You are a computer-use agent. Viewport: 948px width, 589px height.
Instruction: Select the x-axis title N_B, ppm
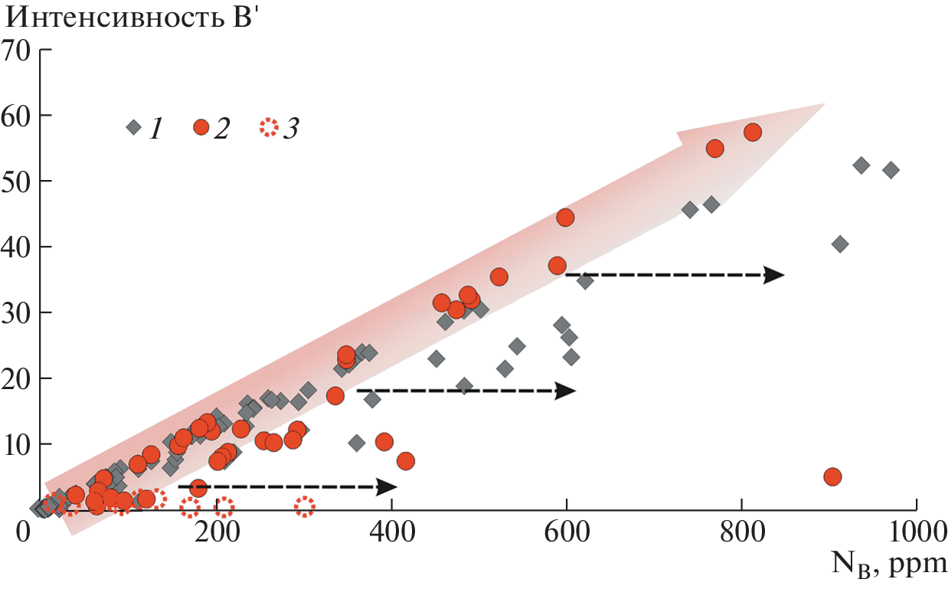(x=888, y=566)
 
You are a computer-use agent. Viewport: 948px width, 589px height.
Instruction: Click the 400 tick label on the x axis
(x=391, y=531)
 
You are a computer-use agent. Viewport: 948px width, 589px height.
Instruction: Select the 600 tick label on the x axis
(x=567, y=531)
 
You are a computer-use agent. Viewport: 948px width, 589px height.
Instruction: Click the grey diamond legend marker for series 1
(x=134, y=127)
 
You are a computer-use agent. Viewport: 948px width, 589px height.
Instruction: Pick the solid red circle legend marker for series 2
(x=201, y=127)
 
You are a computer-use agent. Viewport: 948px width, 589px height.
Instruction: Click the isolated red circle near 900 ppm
(x=832, y=476)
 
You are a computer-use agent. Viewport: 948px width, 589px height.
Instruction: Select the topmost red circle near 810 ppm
(x=753, y=132)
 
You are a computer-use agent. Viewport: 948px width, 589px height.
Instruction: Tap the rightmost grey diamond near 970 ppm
(x=891, y=169)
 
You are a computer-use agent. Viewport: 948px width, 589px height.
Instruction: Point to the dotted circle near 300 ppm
(x=304, y=506)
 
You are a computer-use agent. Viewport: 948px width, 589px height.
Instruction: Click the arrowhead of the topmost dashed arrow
(x=775, y=274)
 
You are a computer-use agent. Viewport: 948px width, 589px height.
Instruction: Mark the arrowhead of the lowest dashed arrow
(x=387, y=486)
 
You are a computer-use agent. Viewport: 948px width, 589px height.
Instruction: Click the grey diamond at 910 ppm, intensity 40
(x=840, y=244)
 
